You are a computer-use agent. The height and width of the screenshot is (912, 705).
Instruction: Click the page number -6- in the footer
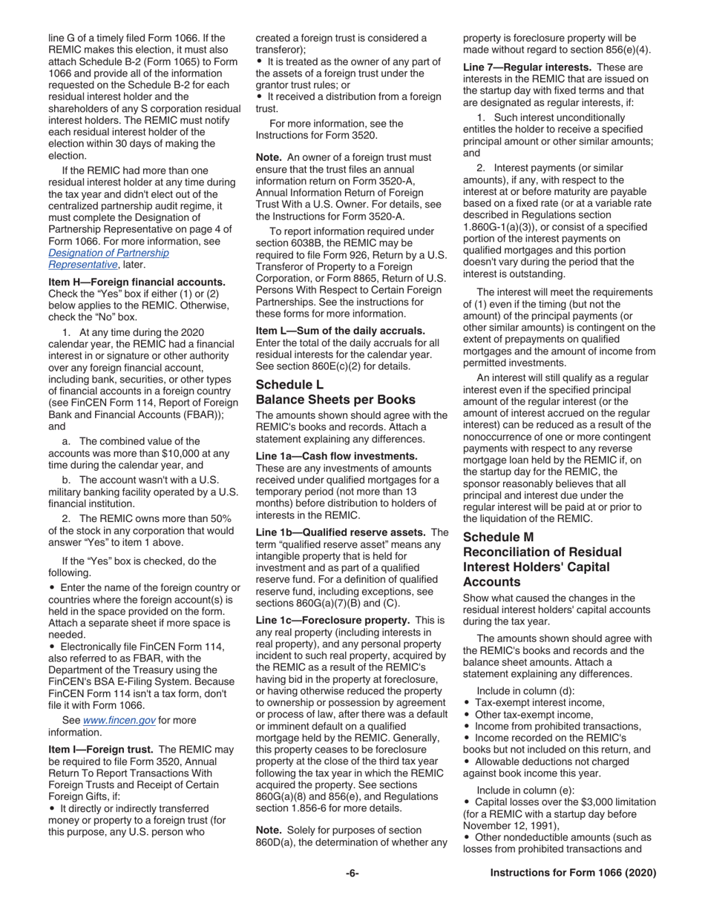(x=352, y=873)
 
